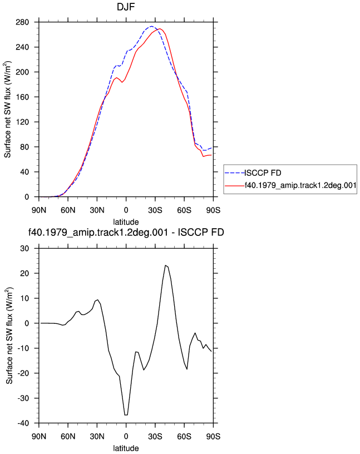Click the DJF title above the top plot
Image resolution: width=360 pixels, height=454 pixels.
[126, 7]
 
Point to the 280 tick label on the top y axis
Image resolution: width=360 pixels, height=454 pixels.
[22, 22]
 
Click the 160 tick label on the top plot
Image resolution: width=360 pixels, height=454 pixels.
[22, 97]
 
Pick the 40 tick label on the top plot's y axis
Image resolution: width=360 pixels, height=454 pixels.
[24, 172]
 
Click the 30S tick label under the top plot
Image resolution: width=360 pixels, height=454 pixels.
[155, 210]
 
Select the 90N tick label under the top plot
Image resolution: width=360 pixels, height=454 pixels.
[39, 210]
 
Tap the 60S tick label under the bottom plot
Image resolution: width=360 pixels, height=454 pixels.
[184, 436]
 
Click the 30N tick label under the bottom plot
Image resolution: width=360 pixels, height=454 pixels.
[97, 436]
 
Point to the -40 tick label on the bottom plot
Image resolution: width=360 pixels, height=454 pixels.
[23, 423]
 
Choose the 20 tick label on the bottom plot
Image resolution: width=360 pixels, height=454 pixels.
[24, 273]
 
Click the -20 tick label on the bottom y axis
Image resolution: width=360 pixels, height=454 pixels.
[23, 373]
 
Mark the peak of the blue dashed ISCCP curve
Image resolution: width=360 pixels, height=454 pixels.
[152, 26]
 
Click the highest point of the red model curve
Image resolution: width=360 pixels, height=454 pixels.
[160, 29]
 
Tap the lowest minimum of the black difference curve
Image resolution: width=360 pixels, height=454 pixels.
[126, 415]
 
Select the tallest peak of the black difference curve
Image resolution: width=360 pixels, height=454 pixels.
[165, 265]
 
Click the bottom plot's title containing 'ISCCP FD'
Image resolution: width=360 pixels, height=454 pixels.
[126, 233]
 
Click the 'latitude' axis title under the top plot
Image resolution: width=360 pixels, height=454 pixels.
[126, 222]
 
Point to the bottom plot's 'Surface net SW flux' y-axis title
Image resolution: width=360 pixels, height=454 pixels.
[9, 336]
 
